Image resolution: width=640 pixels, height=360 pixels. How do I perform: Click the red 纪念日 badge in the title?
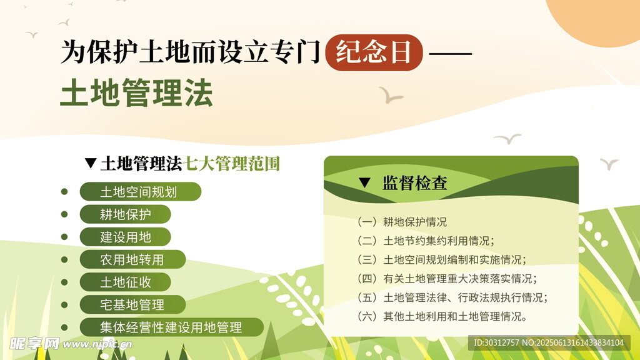(374, 52)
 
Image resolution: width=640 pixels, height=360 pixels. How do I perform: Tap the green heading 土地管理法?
(136, 93)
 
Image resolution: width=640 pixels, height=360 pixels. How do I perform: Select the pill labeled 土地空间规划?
(141, 191)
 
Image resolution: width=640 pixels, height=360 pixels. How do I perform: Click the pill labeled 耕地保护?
(125, 214)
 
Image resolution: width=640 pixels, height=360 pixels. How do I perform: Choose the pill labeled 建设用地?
(125, 237)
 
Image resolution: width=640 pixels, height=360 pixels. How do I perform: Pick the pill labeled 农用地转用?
(132, 259)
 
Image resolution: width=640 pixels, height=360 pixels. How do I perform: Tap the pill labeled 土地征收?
(125, 282)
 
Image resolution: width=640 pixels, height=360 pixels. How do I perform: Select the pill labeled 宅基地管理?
(132, 304)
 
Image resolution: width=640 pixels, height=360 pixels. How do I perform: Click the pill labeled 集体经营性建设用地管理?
(171, 327)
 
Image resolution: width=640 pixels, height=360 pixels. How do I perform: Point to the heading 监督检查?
(415, 183)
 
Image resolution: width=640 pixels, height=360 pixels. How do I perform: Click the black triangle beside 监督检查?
(364, 182)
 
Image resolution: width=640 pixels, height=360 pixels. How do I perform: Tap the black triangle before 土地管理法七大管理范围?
(91, 163)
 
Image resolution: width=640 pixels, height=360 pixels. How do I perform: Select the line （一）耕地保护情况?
(402, 222)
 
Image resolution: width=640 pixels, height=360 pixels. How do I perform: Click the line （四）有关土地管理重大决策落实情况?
(447, 278)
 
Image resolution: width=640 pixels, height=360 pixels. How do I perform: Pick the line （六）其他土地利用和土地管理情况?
(442, 316)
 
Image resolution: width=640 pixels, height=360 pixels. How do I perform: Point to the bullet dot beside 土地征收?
(64, 282)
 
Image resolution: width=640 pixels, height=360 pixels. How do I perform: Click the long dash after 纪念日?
(451, 54)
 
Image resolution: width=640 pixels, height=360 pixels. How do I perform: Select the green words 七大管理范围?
(232, 163)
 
